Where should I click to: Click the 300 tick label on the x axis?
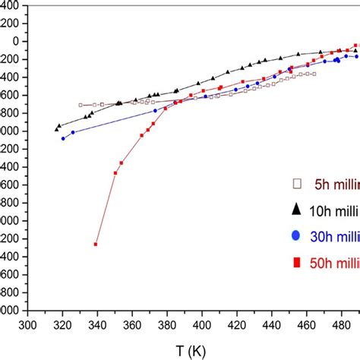(x=28, y=325)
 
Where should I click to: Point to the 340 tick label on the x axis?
(x=98, y=325)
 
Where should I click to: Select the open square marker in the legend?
(x=297, y=183)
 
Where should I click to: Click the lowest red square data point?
(x=96, y=244)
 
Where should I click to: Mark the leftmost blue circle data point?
(x=63, y=138)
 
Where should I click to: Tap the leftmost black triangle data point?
(x=57, y=129)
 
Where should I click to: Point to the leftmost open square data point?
(x=81, y=105)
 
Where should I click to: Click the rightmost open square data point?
(x=314, y=74)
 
